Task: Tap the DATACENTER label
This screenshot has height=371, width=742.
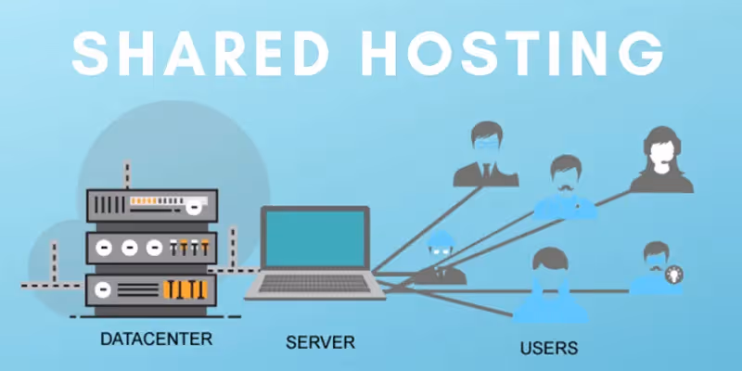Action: point(156,339)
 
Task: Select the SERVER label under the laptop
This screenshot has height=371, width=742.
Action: point(320,342)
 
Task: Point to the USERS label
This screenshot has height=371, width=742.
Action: point(548,349)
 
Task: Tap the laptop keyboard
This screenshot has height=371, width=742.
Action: point(314,287)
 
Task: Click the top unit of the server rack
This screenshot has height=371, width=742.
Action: point(151,205)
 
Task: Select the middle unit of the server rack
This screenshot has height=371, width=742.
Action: point(151,247)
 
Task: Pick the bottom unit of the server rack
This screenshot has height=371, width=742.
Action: point(151,288)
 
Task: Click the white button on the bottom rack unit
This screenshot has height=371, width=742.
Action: point(105,288)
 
